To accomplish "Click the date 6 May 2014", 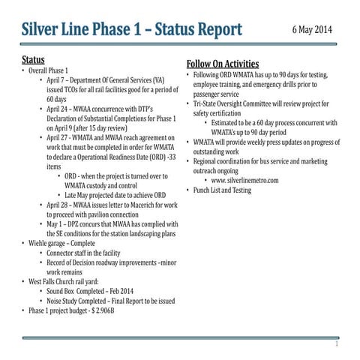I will (x=311, y=33).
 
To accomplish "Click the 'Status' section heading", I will (x=34, y=59).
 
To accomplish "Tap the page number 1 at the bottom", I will (x=337, y=346).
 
